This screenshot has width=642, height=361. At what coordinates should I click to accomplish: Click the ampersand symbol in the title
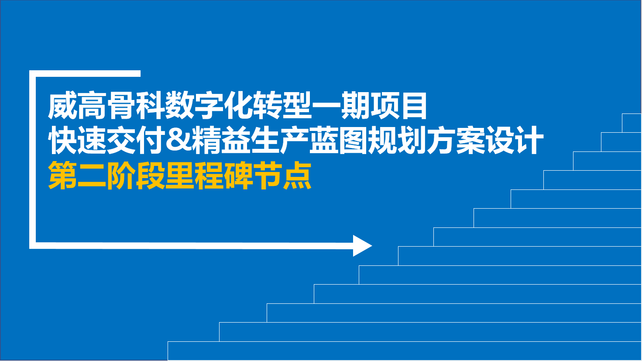[179, 140]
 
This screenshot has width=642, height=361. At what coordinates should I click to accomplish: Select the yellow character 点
[297, 175]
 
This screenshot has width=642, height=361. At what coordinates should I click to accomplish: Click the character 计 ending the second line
[529, 140]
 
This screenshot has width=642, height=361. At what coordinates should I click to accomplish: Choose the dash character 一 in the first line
[326, 106]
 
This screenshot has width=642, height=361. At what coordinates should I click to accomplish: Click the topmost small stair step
[632, 123]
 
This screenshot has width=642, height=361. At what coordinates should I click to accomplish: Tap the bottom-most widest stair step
[405, 351]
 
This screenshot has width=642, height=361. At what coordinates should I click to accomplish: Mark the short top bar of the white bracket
[85, 73]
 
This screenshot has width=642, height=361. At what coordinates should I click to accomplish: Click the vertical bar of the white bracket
[32, 159]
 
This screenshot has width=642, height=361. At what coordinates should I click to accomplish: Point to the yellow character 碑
[238, 175]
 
